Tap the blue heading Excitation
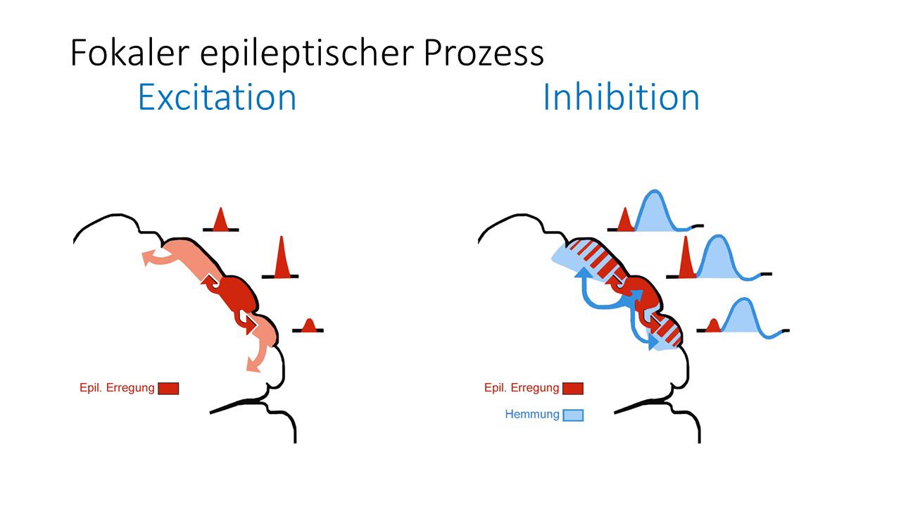(x=217, y=97)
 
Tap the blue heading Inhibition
(x=621, y=97)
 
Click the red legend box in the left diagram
(x=168, y=388)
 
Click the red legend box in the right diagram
(x=573, y=388)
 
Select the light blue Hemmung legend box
(x=573, y=415)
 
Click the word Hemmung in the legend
(x=532, y=415)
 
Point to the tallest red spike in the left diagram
(x=282, y=261)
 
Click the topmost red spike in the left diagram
(x=220, y=221)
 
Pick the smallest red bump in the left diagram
(x=308, y=325)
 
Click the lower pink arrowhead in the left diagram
(x=251, y=364)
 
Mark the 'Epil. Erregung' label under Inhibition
(x=522, y=388)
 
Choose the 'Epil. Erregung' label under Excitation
(x=117, y=388)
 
